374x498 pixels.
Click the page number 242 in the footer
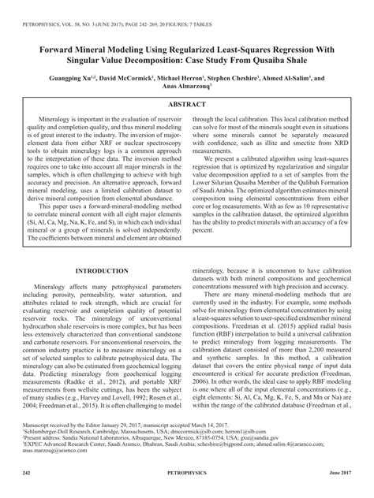coord(26,471)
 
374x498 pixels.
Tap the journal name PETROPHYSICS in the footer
coord(186,471)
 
